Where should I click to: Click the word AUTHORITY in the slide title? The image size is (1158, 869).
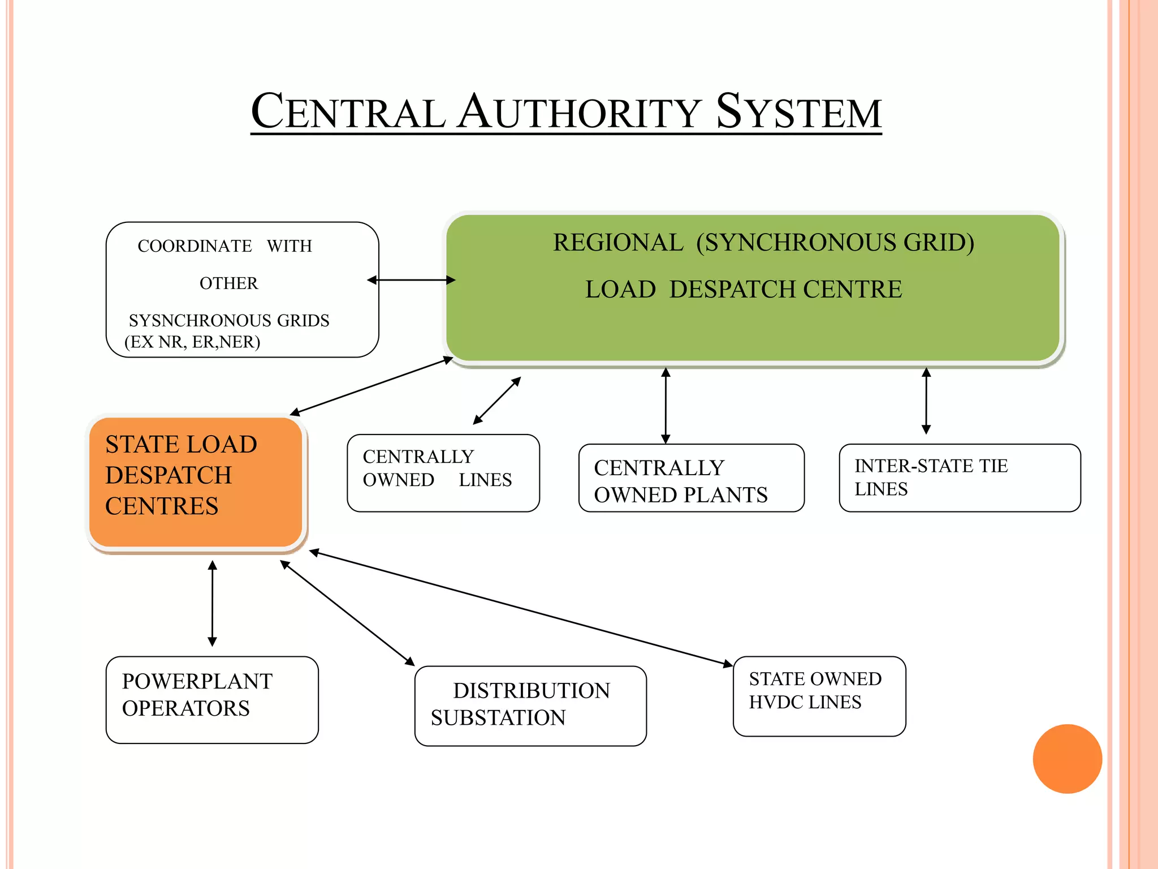tap(580, 112)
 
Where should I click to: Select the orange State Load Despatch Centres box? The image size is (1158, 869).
tap(196, 482)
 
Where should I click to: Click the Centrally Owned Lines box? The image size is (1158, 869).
tap(443, 473)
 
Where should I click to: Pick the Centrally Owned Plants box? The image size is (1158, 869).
tap(691, 478)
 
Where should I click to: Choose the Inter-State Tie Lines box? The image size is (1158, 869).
tap(960, 478)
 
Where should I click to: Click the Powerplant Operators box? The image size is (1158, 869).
tap(212, 699)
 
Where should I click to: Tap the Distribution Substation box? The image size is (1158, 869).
tap(530, 705)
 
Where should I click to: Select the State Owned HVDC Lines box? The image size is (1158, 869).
tap(819, 696)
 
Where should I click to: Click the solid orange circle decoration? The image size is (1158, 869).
tap(1067, 759)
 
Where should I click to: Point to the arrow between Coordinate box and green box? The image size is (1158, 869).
tap(411, 280)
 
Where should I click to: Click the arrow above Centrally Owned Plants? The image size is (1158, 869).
tap(666, 405)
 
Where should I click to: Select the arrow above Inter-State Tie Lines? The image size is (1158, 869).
tap(926, 401)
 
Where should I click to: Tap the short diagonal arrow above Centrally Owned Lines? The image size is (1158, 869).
tap(496, 401)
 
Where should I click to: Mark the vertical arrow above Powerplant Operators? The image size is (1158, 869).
tap(213, 603)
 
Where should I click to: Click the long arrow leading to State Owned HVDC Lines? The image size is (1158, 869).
tap(520, 608)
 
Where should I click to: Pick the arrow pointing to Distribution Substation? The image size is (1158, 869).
tap(347, 613)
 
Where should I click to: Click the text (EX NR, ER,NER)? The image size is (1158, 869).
tap(192, 342)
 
